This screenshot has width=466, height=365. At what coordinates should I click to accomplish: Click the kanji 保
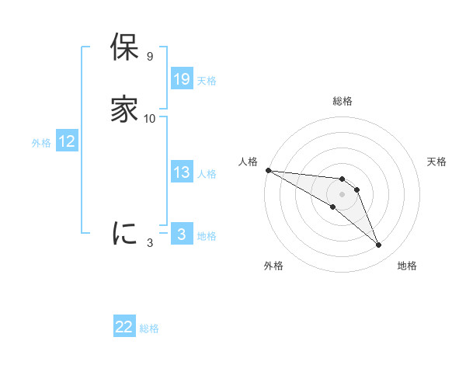124,48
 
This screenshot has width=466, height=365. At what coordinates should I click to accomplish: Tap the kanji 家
124,109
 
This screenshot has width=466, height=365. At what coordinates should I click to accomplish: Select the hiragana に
124,233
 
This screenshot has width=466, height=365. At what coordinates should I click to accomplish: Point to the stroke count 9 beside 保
149,57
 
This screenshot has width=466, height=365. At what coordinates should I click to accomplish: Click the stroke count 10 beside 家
150,119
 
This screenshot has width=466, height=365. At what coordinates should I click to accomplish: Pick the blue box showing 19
182,79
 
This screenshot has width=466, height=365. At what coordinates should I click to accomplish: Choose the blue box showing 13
182,172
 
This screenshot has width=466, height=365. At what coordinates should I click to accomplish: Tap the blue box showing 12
67,141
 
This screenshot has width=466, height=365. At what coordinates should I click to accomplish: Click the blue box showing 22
124,327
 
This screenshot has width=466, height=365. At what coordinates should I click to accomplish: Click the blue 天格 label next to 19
207,81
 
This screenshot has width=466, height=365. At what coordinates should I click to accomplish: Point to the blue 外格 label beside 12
40,143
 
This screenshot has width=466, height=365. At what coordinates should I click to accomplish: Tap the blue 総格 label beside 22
149,328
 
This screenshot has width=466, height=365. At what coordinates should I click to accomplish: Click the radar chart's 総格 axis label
343,101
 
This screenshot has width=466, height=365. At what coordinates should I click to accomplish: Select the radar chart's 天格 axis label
437,162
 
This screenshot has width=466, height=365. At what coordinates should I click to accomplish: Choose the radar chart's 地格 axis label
407,266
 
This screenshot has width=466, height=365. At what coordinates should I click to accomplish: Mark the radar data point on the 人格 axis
268,170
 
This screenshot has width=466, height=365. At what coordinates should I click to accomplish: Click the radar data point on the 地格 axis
379,245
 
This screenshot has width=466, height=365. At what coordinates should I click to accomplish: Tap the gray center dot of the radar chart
342,194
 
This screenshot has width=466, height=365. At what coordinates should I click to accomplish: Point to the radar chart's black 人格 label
248,162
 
